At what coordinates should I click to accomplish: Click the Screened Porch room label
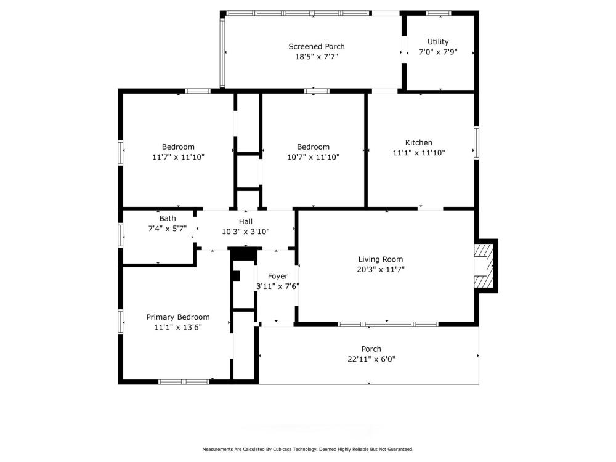316,46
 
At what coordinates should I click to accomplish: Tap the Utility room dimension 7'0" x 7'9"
438,52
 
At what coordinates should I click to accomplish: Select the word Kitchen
419,143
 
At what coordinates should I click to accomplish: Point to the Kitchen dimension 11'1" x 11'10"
419,153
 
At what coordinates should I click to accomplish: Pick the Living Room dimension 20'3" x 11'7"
381,270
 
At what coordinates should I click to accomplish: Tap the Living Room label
381,259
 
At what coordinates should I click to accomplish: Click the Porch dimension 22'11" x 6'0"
371,359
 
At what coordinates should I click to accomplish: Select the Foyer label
278,276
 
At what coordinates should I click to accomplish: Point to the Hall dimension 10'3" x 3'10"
246,232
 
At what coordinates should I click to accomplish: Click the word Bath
168,219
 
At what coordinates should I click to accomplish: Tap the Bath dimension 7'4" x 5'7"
168,229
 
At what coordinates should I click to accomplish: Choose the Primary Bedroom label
178,317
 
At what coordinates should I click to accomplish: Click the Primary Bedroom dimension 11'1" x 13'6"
178,327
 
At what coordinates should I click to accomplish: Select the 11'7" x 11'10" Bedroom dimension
179,157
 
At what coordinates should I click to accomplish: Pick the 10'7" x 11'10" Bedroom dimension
313,157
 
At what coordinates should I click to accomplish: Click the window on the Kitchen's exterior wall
477,143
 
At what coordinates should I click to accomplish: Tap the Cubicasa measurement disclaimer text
307,449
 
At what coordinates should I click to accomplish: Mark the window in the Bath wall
121,235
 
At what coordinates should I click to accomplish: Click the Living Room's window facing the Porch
388,324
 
